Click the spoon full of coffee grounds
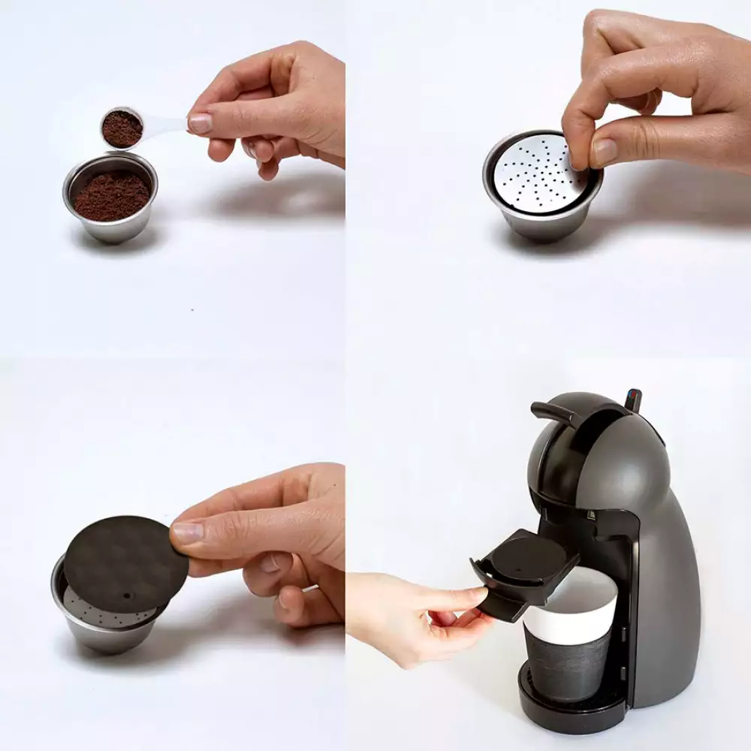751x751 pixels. pos(122,128)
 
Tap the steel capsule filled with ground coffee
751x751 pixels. pos(111,197)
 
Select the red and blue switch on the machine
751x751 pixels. pos(632,398)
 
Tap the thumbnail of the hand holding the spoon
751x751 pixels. pos(201,123)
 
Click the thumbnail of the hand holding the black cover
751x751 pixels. pos(188,532)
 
